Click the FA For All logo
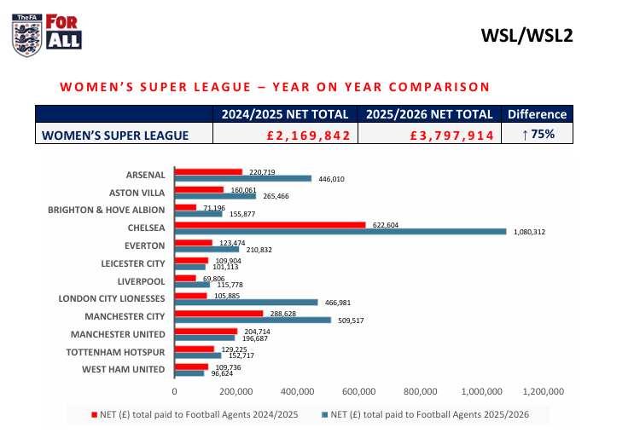pos(47,33)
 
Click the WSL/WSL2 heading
pos(526,35)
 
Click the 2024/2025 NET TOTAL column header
pos(284,114)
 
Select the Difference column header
pos(537,114)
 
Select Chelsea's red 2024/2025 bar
pos(270,225)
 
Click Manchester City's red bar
pos(218,314)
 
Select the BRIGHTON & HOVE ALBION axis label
pos(107,209)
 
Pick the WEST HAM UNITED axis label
pos(124,369)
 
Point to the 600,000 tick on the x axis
pos(358,392)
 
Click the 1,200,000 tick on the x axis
pos(543,392)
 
